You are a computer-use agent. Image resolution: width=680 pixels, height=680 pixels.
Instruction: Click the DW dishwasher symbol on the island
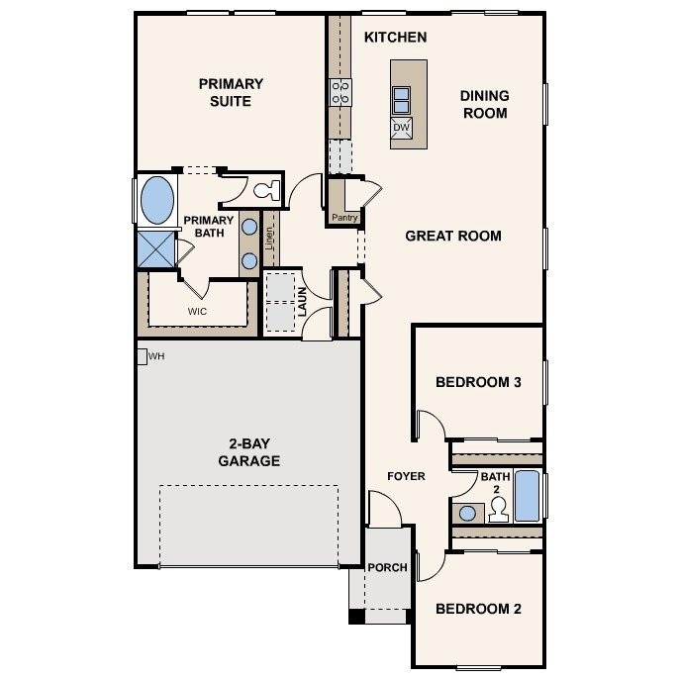click(402, 128)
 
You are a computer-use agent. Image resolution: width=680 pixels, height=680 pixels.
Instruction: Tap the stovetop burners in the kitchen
click(340, 92)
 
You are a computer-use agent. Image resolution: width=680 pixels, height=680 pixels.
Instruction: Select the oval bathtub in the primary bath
click(157, 200)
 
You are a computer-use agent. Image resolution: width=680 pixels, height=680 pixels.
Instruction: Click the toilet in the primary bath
click(266, 190)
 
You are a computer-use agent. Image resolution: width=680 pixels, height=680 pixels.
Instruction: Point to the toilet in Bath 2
click(498, 510)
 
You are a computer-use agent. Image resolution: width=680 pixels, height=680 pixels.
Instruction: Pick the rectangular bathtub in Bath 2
click(528, 496)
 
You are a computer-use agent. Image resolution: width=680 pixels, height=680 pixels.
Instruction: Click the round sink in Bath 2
click(467, 514)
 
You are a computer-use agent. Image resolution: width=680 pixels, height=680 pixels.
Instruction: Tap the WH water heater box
click(142, 356)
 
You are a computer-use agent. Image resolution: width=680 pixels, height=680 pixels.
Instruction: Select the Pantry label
click(344, 218)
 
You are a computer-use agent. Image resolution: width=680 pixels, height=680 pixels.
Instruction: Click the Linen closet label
click(269, 239)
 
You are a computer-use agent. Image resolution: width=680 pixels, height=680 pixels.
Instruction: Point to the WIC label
click(197, 312)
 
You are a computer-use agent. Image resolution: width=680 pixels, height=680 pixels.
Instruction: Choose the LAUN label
click(302, 302)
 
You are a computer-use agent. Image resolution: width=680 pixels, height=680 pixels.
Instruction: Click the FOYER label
click(406, 476)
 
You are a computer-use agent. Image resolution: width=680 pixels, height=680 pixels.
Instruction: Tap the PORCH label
click(387, 568)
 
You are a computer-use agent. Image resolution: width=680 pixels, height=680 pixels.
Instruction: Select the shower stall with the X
click(155, 249)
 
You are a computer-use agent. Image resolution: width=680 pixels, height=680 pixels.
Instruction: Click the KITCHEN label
click(396, 38)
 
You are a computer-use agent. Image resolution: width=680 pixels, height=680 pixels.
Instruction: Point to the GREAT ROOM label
click(453, 236)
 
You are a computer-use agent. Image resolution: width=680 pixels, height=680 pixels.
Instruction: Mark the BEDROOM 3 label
click(478, 382)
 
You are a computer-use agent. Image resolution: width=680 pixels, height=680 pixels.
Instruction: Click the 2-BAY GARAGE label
click(248, 452)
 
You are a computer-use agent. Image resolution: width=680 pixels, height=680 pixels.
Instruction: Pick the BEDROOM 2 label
click(478, 609)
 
